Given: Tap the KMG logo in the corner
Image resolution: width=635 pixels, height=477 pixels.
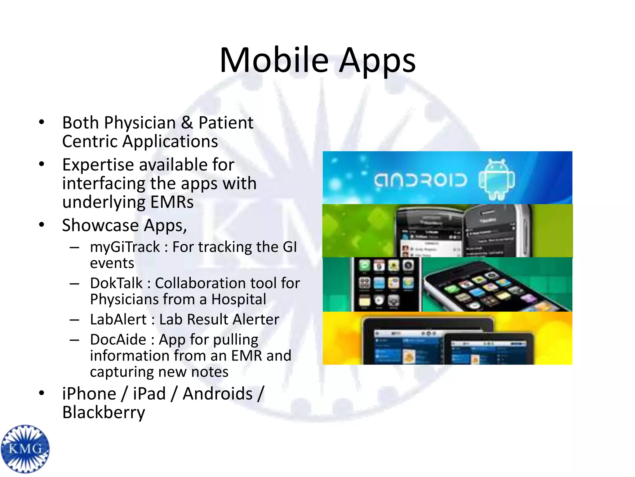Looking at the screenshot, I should pyautogui.click(x=25, y=449).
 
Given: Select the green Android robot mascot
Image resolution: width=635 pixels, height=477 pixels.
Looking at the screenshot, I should pyautogui.click(x=497, y=179).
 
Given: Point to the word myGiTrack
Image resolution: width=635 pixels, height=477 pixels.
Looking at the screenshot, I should pyautogui.click(x=125, y=247).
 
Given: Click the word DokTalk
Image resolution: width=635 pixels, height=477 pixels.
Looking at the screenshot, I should pyautogui.click(x=116, y=283).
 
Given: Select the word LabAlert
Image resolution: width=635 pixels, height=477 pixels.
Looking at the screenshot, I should pyautogui.click(x=118, y=320).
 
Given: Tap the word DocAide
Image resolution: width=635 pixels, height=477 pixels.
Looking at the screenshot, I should pyautogui.click(x=118, y=339).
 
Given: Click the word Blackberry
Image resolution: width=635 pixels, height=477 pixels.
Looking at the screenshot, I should pyautogui.click(x=104, y=413).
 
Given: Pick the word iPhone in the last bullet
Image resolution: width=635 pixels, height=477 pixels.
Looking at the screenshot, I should pyautogui.click(x=89, y=394).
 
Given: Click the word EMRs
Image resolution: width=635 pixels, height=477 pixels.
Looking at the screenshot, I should pyautogui.click(x=172, y=202).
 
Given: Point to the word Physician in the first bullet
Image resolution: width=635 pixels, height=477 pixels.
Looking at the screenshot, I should pyautogui.click(x=140, y=123).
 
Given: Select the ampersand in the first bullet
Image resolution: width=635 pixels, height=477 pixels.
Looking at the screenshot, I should pyautogui.click(x=187, y=123).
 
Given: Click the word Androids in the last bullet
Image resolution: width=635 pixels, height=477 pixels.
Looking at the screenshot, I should pyautogui.click(x=218, y=394).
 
